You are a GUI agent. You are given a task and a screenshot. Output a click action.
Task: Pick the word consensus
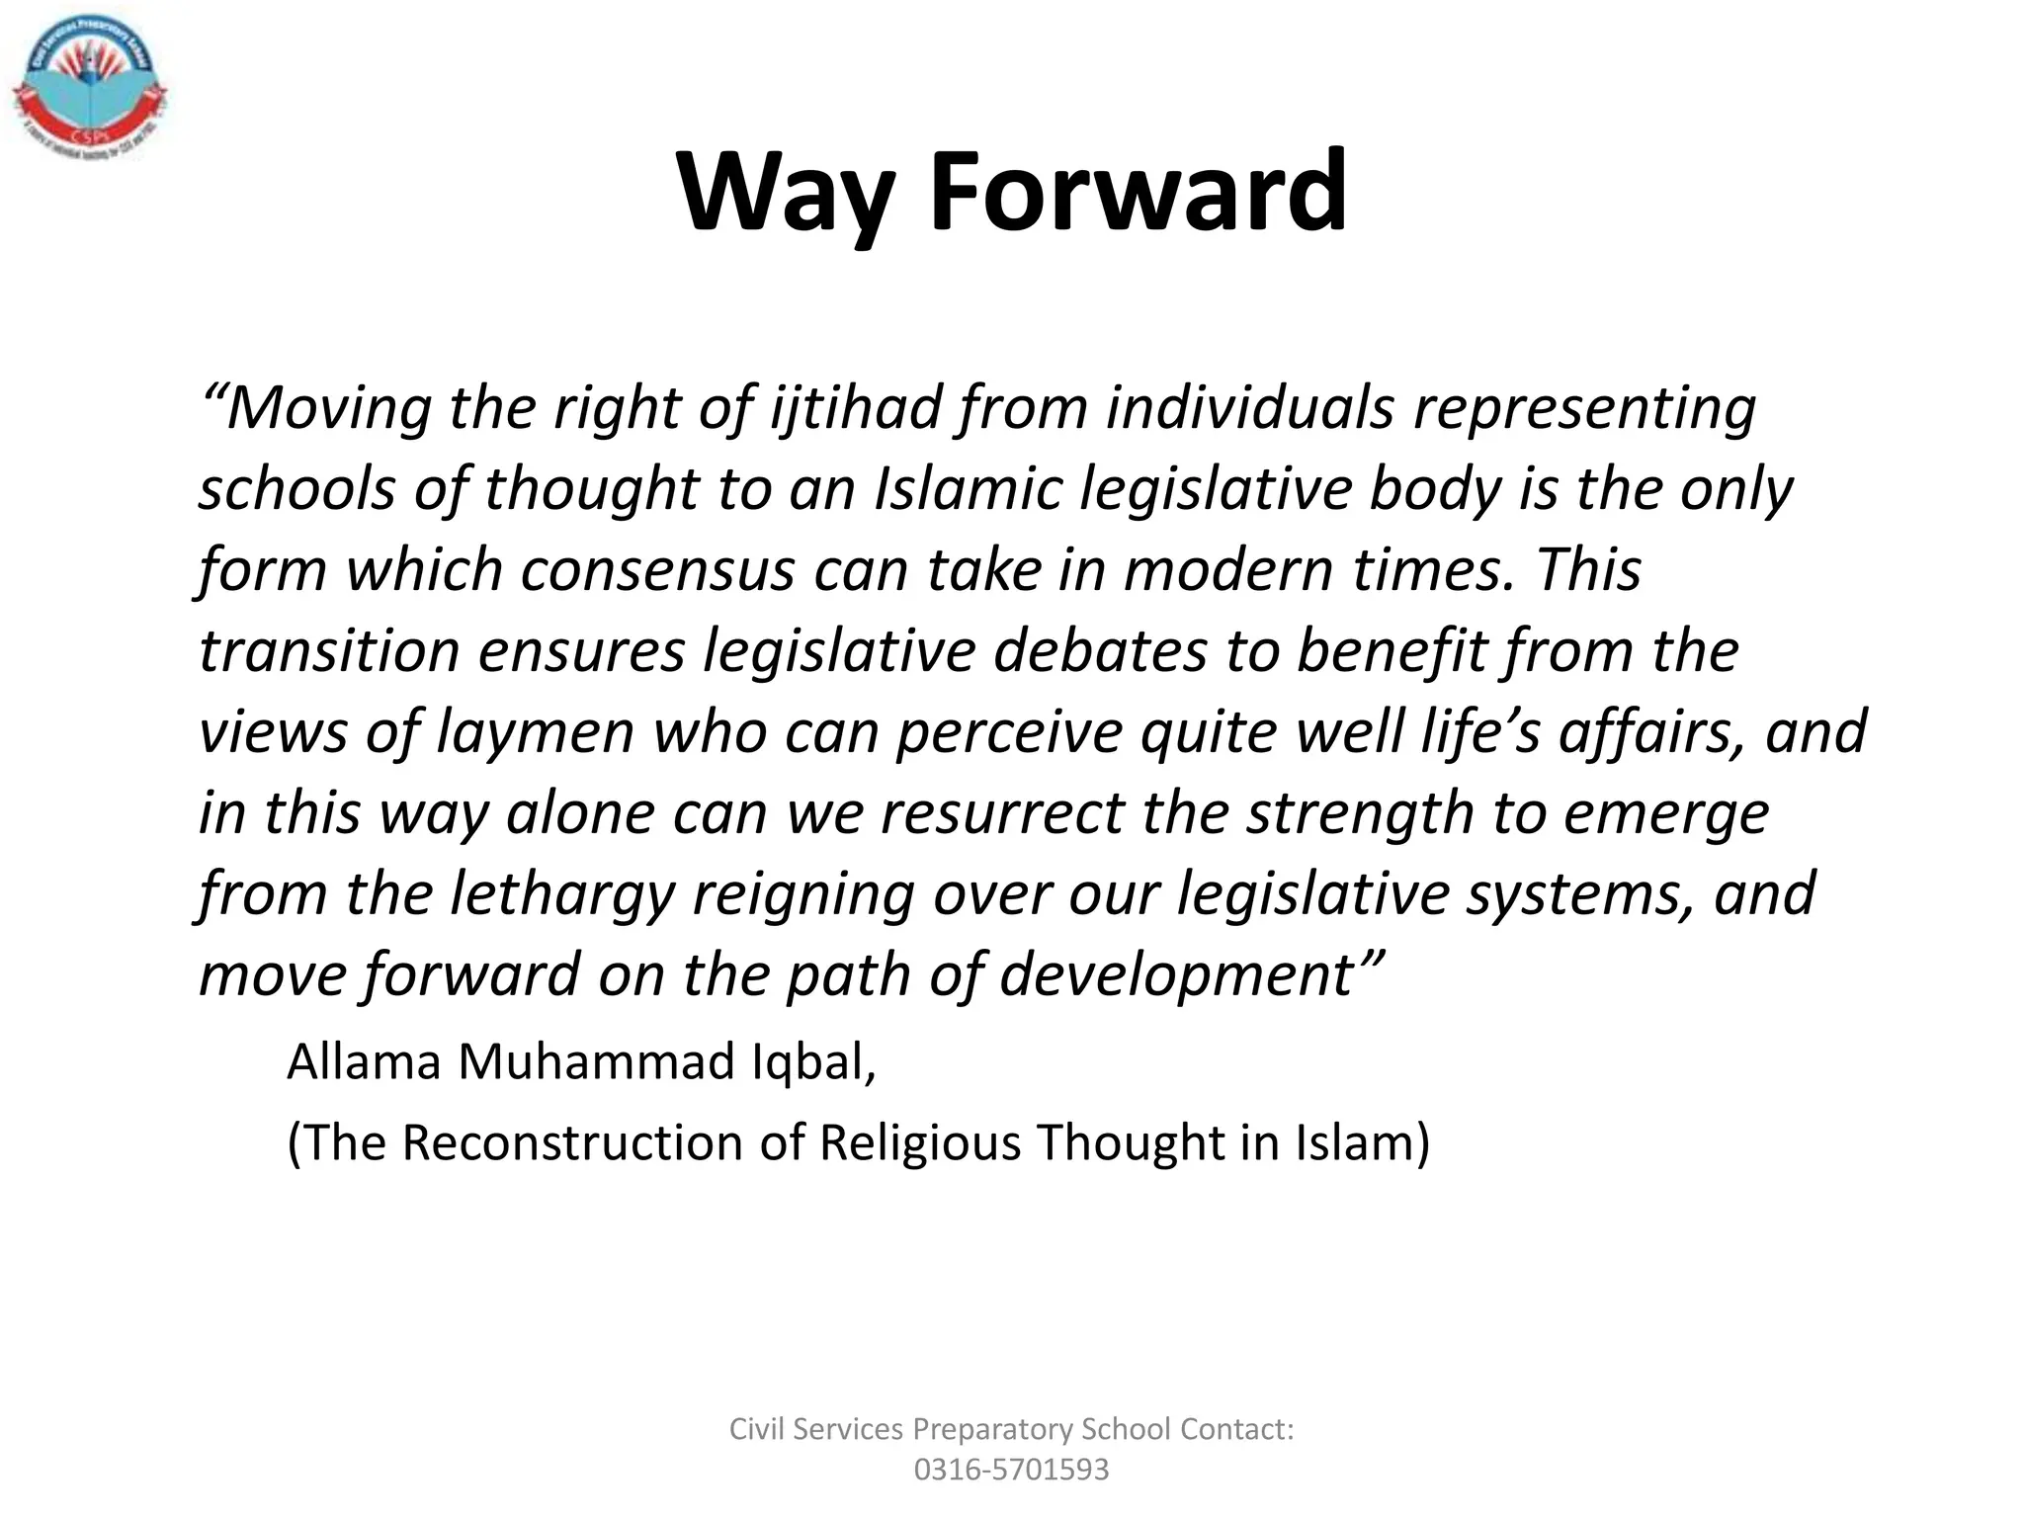click(657, 570)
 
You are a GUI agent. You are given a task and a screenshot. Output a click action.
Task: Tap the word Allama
click(364, 1062)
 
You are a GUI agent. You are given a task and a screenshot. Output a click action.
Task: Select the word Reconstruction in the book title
click(572, 1143)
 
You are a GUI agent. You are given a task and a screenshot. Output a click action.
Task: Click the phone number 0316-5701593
click(1011, 1470)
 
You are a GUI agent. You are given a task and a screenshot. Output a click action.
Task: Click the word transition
click(329, 651)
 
